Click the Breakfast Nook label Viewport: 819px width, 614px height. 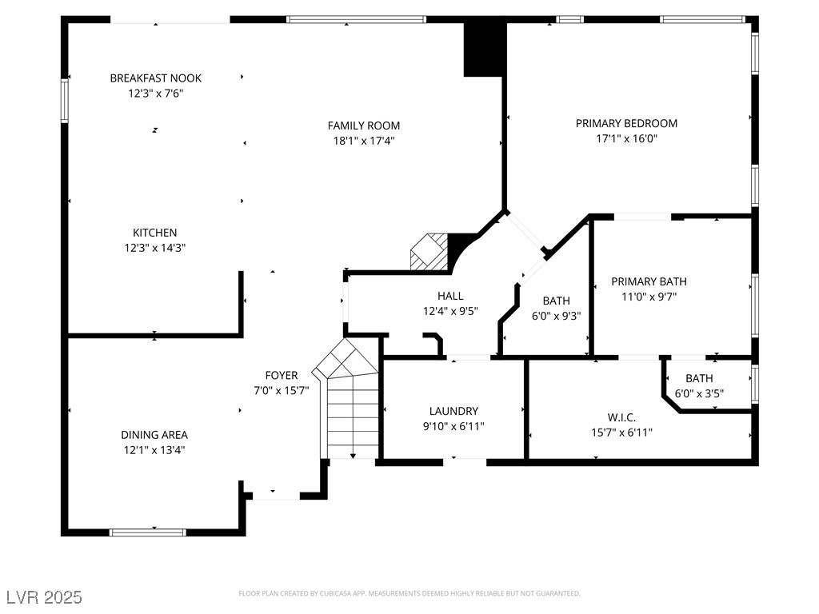[x=156, y=78]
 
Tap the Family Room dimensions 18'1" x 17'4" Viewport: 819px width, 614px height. [x=364, y=141]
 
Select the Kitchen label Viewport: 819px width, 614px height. [x=154, y=233]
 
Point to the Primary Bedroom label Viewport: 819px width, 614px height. [x=626, y=124]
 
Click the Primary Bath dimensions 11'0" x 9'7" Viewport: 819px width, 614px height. [x=649, y=297]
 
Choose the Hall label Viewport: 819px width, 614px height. [x=450, y=296]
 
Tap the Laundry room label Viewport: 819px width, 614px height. [x=453, y=412]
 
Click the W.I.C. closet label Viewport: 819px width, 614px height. [x=621, y=417]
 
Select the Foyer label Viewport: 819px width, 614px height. [x=282, y=376]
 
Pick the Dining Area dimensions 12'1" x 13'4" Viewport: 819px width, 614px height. [x=154, y=450]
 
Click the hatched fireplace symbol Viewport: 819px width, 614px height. [x=429, y=252]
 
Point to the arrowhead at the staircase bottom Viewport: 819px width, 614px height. [x=353, y=456]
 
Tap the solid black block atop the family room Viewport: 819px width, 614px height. [x=484, y=50]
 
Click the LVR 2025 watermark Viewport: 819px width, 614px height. [x=45, y=597]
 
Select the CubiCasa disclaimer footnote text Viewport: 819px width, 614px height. [x=409, y=594]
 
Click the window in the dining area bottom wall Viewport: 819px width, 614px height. [x=148, y=532]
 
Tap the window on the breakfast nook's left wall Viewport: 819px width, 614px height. [x=65, y=101]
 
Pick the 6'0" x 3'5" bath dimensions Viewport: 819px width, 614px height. [x=699, y=393]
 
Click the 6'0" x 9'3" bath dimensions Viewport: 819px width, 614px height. [x=557, y=317]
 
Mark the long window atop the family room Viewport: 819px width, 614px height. [x=356, y=20]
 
